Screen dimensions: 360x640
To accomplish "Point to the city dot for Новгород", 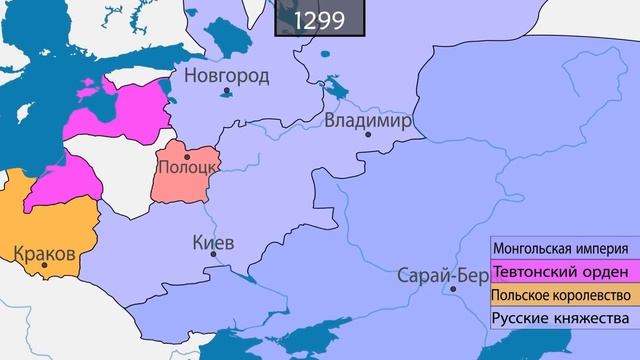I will click(228, 91).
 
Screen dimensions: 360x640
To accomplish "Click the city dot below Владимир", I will click(368, 135).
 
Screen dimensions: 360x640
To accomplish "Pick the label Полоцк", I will click(182, 170).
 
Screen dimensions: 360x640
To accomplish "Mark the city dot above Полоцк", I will click(187, 156).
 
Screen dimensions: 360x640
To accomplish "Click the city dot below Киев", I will click(213, 257).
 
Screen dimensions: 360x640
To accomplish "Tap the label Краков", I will click(45, 253).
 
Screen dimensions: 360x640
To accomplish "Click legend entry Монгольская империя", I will click(560, 249).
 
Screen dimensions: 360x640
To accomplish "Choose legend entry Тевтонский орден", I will click(560, 272).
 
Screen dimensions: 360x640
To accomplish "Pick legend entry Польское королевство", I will click(560, 296).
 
